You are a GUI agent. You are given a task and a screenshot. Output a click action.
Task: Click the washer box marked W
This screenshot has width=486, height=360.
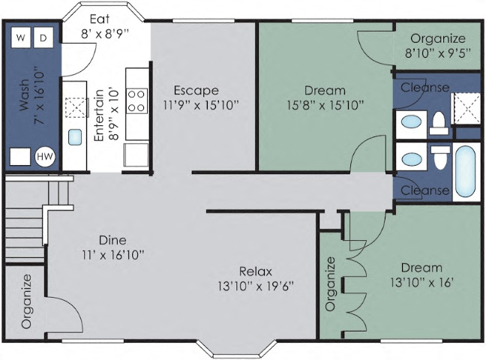(x=21, y=37)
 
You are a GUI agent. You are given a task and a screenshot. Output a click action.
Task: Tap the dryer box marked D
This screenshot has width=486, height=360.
(x=43, y=37)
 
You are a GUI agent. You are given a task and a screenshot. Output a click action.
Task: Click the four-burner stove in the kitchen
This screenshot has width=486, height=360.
(x=137, y=101)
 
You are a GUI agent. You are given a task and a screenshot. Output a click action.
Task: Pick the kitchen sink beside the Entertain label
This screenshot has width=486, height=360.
(x=75, y=136)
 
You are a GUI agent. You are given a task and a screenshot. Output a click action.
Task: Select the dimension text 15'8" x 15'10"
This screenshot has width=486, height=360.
(x=325, y=105)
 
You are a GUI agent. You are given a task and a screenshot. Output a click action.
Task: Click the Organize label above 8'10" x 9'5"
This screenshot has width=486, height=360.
(x=438, y=39)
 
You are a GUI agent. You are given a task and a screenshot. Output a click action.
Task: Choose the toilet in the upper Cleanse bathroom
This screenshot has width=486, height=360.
(x=439, y=124)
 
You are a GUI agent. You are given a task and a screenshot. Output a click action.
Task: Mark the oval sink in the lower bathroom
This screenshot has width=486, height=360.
(x=410, y=159)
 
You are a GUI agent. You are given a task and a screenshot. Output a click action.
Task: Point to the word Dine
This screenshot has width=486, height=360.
(x=112, y=241)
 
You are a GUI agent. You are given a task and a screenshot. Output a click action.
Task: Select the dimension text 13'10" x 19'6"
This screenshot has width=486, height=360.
(x=255, y=286)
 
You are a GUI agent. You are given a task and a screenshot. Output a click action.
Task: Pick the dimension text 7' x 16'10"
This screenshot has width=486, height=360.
(x=37, y=107)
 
